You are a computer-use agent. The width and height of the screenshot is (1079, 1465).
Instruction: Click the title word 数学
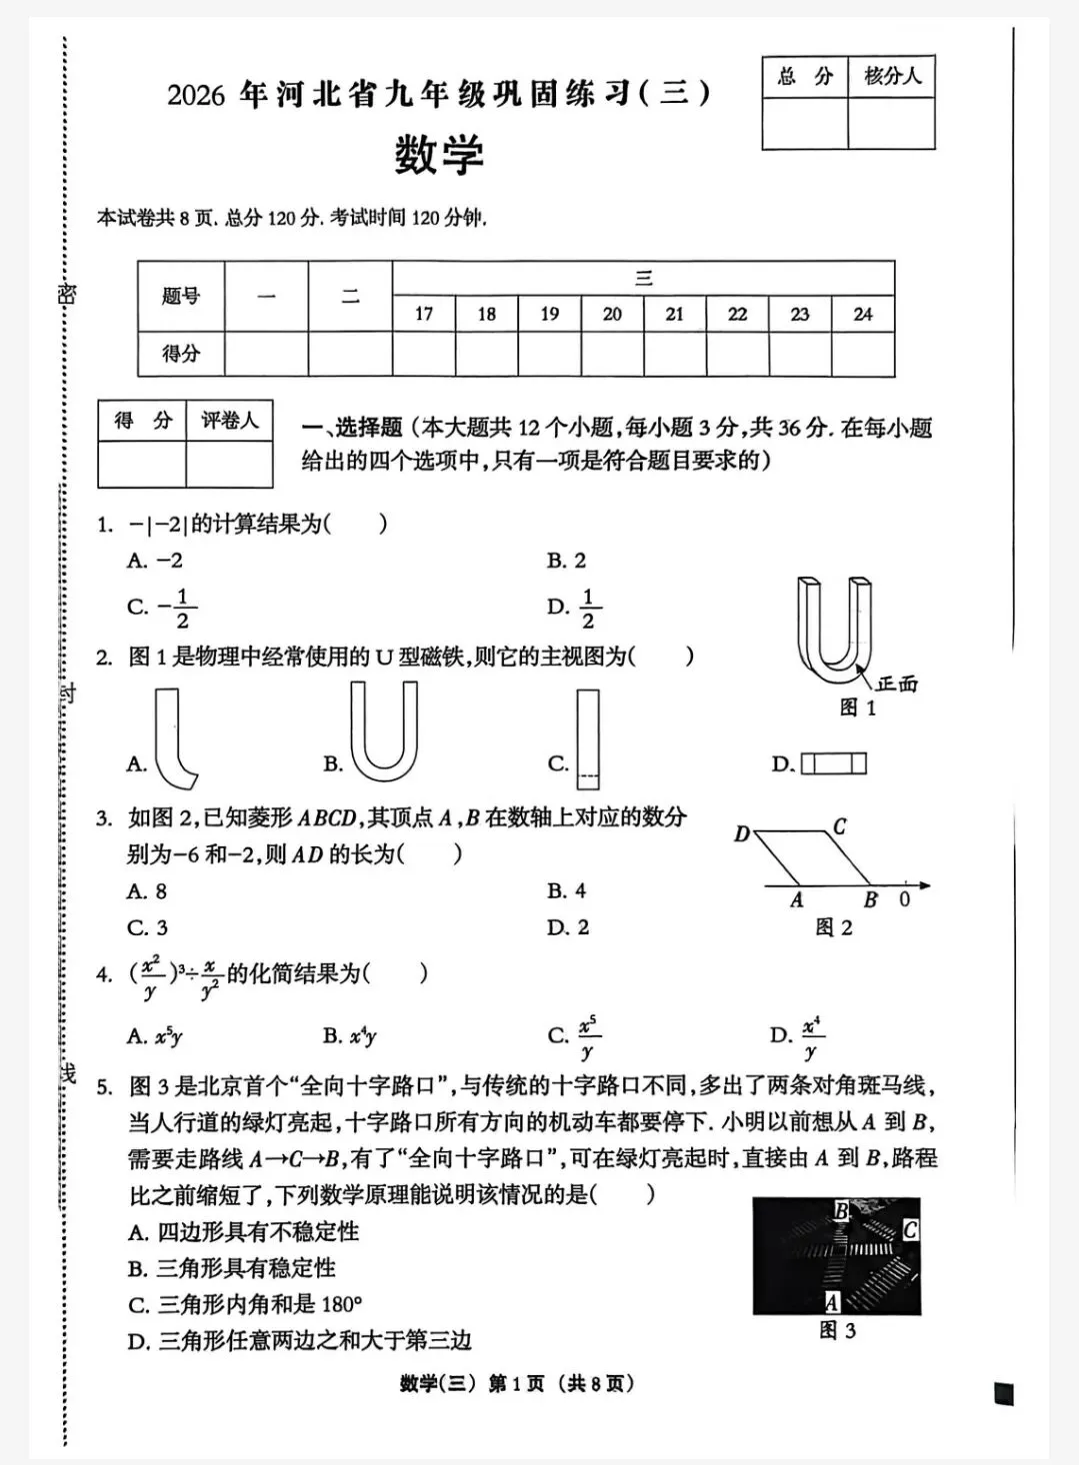tap(439, 156)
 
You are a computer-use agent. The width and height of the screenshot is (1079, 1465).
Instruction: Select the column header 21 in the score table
tap(675, 314)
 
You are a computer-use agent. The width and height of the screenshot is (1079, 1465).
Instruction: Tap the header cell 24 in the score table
tap(862, 314)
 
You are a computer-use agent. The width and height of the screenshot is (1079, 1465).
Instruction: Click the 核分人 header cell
tap(892, 76)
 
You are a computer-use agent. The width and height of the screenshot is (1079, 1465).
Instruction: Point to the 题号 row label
tap(181, 296)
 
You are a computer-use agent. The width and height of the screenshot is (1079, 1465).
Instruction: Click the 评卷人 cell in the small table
tap(230, 421)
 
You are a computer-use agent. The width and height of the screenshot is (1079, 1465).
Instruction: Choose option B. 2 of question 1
tap(567, 561)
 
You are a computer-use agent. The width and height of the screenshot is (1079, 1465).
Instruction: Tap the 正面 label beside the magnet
tap(896, 685)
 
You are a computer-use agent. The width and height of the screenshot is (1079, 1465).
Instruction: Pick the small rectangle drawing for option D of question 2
tap(834, 764)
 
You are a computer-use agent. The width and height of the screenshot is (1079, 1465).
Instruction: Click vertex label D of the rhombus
tap(742, 833)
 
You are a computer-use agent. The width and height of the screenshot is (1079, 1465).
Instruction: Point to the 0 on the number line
tap(904, 899)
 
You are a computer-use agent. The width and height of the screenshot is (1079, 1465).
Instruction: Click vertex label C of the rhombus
tap(839, 826)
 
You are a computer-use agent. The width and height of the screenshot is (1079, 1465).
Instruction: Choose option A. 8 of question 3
tap(147, 891)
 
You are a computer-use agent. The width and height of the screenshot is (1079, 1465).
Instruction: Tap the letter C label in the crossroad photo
tap(909, 1230)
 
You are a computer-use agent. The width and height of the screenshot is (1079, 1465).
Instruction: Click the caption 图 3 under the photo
tap(837, 1330)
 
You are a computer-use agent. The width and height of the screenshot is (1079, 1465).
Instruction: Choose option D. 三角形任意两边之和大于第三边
tap(300, 1341)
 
